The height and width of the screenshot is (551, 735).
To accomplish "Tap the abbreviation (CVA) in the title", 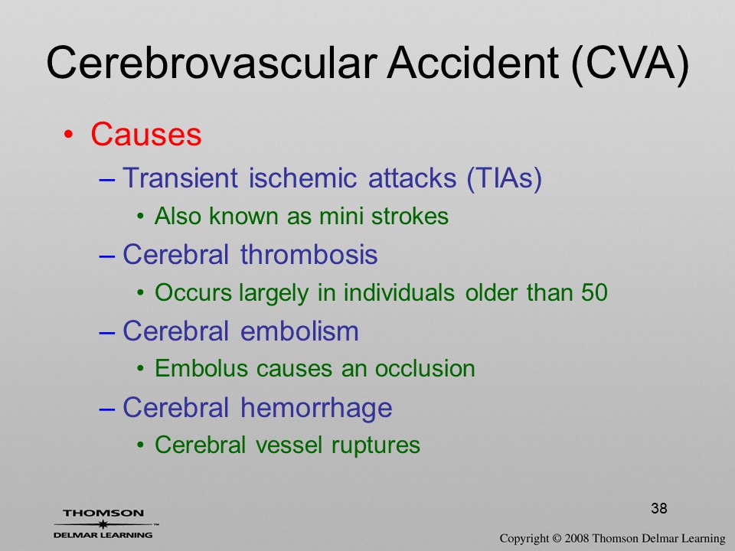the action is (630, 64).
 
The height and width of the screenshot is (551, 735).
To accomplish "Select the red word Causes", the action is (145, 135).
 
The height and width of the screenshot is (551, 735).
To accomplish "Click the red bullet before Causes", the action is (68, 135).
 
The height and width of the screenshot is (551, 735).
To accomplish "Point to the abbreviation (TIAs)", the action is (504, 178).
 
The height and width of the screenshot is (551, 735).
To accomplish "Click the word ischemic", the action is (302, 178).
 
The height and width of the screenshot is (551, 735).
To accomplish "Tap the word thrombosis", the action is (309, 254).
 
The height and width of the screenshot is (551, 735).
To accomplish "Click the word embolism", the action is (299, 331).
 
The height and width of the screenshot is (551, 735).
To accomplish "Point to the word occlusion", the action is (425, 368).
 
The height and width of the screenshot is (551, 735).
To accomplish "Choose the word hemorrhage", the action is (316, 408).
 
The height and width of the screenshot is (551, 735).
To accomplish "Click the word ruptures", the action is (375, 445).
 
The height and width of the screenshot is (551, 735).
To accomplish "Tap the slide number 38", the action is (659, 508).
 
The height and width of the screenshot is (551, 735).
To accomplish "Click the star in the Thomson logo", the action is (103, 524).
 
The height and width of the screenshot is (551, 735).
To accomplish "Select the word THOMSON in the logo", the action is (103, 513).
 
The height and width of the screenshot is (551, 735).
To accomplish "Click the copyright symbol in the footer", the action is (557, 539).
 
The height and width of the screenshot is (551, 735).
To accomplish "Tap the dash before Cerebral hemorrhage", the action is (107, 408).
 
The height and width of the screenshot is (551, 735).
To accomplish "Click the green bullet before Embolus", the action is (140, 369).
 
